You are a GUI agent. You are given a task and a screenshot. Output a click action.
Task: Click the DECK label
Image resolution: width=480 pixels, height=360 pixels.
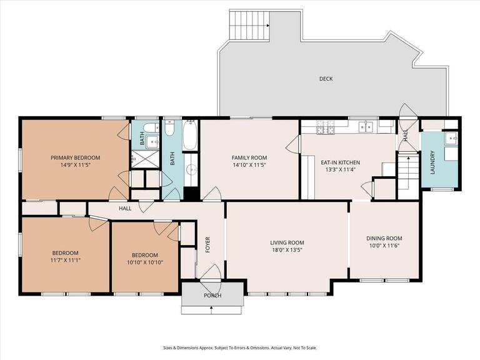tap(326, 79)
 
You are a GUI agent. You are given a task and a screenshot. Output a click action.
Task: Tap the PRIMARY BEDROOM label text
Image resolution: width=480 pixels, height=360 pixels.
tap(75, 157)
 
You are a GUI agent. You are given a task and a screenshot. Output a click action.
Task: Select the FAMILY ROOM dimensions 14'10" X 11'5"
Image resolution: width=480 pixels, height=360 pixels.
tap(249, 165)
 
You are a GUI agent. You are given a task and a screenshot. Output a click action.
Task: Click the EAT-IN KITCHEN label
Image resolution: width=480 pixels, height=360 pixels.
tap(340, 162)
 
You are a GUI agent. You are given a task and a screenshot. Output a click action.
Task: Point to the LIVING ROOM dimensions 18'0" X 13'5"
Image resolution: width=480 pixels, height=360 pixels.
tap(287, 249)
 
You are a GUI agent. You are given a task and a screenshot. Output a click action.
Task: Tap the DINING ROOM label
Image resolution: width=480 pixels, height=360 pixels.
tap(384, 238)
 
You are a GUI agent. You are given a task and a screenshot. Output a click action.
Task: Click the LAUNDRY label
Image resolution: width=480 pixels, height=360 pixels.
tap(432, 162)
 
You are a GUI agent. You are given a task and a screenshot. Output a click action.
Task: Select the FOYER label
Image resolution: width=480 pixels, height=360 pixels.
tap(207, 244)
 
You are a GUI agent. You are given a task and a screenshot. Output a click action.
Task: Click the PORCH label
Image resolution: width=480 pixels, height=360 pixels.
tap(212, 296)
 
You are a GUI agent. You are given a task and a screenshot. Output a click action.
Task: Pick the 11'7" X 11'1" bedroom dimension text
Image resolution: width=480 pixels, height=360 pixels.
tap(66, 260)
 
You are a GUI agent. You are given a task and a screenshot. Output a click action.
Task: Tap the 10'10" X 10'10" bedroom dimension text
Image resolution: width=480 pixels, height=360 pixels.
tap(145, 262)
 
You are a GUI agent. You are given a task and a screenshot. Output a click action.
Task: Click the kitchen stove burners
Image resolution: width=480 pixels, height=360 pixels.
tap(326, 127)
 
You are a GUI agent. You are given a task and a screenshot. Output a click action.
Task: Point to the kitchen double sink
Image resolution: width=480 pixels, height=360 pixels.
tap(366, 126)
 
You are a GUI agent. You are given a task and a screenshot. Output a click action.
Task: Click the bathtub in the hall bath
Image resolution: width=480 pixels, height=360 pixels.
tap(190, 135)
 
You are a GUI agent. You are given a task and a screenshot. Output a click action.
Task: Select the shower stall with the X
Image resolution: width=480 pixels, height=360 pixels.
tap(146, 159)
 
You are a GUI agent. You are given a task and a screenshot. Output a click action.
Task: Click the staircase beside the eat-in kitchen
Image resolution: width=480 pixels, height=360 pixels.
tap(408, 173)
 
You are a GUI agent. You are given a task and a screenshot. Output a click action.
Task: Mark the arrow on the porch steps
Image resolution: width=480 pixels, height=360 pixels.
tap(211, 310)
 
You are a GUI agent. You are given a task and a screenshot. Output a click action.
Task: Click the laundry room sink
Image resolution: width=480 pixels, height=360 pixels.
tap(451, 138)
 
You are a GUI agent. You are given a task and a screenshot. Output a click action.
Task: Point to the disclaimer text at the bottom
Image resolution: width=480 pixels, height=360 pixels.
tap(240, 347)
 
